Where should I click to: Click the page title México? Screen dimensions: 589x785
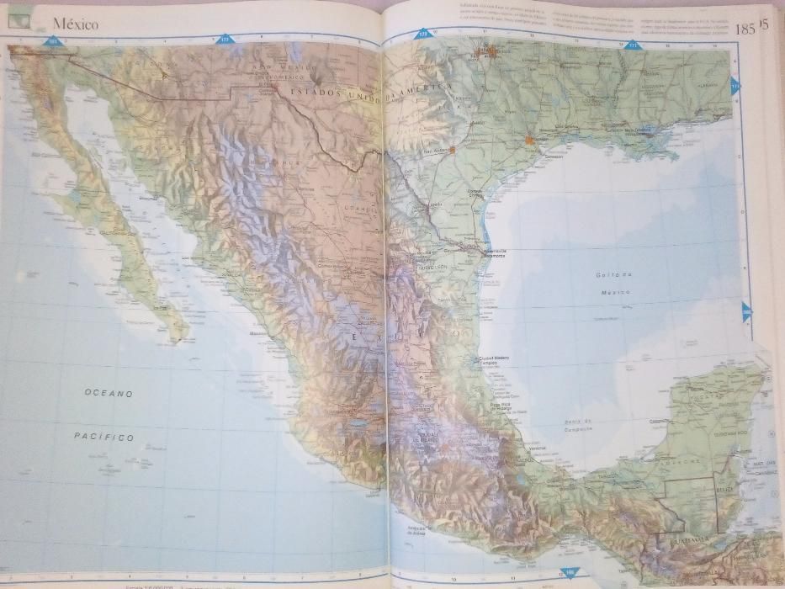point(75,24)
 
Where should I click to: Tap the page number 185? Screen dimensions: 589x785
point(745,29)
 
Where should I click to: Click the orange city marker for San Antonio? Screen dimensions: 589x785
point(452,151)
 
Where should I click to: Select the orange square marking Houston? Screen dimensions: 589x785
point(528,140)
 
